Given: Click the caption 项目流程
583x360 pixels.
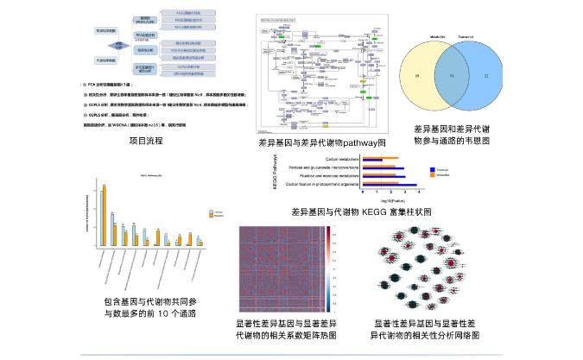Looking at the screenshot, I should pyautogui.click(x=145, y=140).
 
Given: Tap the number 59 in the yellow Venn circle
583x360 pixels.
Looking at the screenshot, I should pyautogui.click(x=420, y=77).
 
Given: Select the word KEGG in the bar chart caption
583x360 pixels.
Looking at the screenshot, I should pyautogui.click(x=375, y=211).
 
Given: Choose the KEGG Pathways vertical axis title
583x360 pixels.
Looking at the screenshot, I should pyautogui.click(x=274, y=172).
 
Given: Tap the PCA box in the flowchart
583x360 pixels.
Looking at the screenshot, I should pyautogui.click(x=144, y=35).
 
